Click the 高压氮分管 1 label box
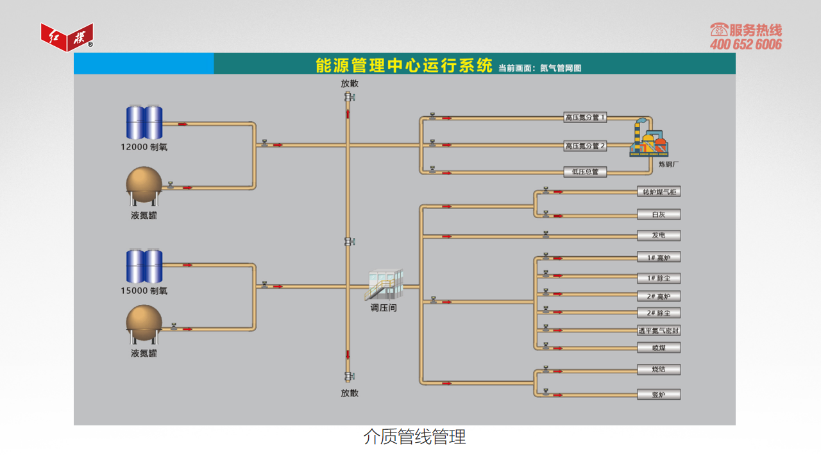[x=585, y=117]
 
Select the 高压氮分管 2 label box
[x=585, y=146]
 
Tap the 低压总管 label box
[x=585, y=171]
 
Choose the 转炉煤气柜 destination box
[x=659, y=192]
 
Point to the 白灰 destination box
[x=659, y=214]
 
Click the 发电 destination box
[x=659, y=235]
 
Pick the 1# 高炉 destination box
[x=659, y=257]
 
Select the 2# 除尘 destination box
[x=659, y=312]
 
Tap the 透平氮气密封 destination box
[x=659, y=330]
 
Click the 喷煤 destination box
[x=659, y=348]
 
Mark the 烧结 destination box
[x=659, y=370]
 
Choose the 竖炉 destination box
[x=659, y=395]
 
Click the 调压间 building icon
[x=384, y=284]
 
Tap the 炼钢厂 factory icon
[x=648, y=138]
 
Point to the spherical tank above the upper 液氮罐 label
[x=144, y=186]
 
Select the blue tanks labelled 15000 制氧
[x=144, y=266]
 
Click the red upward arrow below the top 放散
[x=348, y=114]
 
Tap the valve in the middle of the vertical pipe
[x=350, y=241]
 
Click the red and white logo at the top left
[x=67, y=37]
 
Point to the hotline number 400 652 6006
[x=746, y=44]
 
